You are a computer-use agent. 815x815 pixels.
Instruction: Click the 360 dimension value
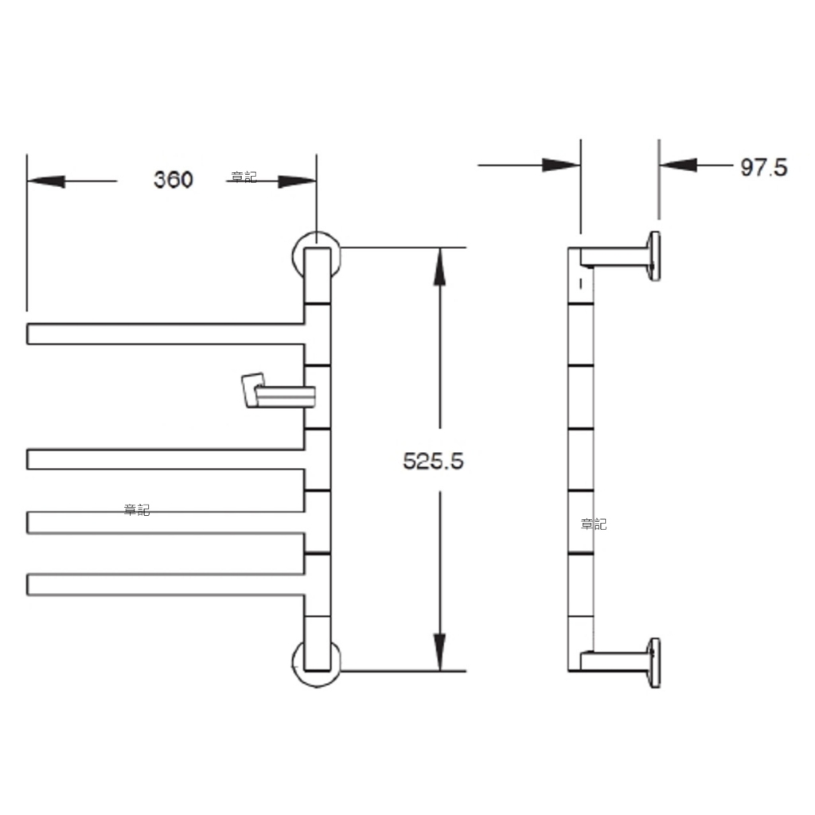point(173,179)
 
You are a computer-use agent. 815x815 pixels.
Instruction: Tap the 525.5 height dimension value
point(433,461)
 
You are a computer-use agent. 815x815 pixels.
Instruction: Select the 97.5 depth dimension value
point(763,167)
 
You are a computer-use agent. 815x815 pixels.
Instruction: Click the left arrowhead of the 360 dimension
point(45,181)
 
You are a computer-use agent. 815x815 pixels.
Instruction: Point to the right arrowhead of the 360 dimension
point(298,181)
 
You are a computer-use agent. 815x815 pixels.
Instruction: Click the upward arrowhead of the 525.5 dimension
point(439,267)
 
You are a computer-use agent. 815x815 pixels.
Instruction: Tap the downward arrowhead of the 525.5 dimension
point(439,652)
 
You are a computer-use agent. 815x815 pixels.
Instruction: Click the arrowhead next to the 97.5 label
point(678,166)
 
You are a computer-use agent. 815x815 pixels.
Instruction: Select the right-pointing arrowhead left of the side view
point(561,166)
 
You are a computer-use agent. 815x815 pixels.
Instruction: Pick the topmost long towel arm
point(166,333)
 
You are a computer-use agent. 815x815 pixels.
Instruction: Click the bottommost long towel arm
point(166,584)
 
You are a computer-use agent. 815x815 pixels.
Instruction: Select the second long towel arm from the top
point(166,459)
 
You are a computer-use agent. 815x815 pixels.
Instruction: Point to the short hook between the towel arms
point(279,390)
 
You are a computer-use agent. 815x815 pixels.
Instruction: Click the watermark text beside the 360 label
point(244,177)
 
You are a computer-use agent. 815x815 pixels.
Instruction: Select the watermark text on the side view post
point(593,524)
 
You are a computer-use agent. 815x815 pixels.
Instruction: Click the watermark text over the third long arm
point(137,510)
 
